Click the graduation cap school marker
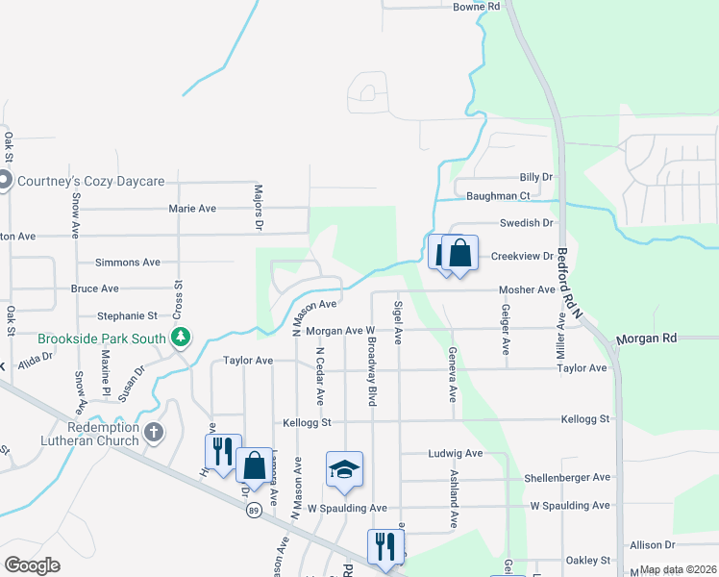pos(344,469)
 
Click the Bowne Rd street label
pos(477,7)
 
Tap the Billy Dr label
pos(536,177)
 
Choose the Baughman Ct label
pos(498,196)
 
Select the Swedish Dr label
pos(527,223)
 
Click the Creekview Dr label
pos(523,257)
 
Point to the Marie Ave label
pos(192,209)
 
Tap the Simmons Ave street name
pos(127,263)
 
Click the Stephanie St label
pos(126,315)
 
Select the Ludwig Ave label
pos(456,453)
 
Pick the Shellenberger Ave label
pos(567,477)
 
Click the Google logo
pos(32,565)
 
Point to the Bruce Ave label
pos(94,288)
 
